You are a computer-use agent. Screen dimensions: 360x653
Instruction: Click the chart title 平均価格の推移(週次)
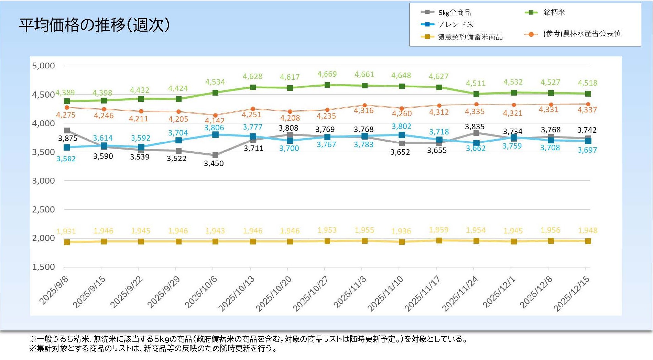pos(94,25)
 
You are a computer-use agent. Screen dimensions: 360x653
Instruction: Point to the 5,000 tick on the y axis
pos(43,66)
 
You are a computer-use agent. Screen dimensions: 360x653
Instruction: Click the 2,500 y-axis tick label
pos(43,209)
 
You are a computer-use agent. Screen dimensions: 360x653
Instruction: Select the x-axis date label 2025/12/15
pos(572,293)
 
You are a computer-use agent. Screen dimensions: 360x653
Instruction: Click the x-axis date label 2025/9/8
pos(54,290)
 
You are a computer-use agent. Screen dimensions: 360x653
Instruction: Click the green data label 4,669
pos(327,74)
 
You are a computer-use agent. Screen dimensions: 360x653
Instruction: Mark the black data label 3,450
pos(214,164)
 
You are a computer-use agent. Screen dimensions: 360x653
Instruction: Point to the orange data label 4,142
pos(215,120)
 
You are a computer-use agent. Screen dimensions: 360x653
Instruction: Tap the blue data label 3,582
pos(66,159)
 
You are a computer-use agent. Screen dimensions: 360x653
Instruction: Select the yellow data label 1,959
pos(438,230)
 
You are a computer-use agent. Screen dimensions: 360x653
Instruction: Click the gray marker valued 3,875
pos(67,131)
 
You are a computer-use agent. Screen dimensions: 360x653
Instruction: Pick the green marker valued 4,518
pos(588,94)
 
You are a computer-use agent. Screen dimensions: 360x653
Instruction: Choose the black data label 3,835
pos(475,127)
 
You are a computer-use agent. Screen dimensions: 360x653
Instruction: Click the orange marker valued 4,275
pos(67,108)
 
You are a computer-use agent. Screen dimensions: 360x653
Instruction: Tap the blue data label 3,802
pos(401,127)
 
